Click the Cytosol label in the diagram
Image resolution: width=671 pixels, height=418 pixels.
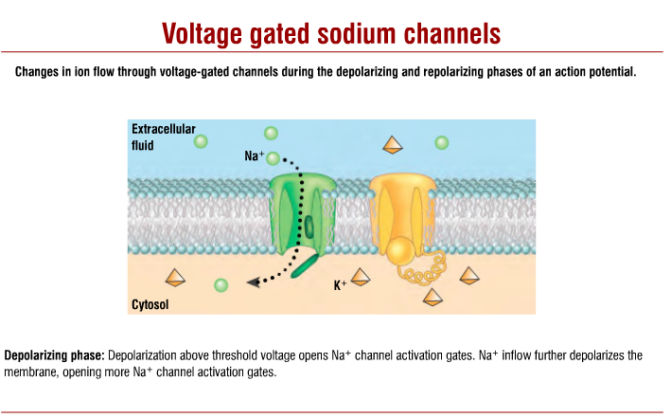coord(150,305)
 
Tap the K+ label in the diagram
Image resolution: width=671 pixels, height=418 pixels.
coord(342,282)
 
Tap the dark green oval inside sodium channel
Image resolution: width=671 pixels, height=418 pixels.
coord(309,226)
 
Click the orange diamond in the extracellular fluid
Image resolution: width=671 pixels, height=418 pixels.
coord(391,145)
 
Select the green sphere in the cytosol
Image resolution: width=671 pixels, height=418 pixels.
coord(221,285)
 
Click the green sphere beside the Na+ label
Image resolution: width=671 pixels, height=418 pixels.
coord(274,158)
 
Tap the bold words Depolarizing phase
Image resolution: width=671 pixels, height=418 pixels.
coord(55,355)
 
